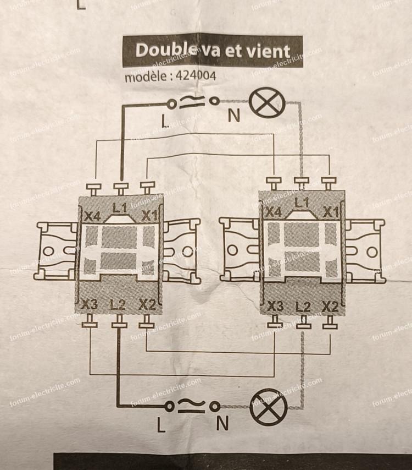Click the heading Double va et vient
(212, 51)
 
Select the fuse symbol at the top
(192, 102)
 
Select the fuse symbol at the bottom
(192, 406)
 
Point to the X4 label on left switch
(92, 216)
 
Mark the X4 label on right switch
(273, 212)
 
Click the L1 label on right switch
(300, 204)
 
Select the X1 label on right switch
(330, 211)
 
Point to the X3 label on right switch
(274, 305)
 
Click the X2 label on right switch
(330, 306)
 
